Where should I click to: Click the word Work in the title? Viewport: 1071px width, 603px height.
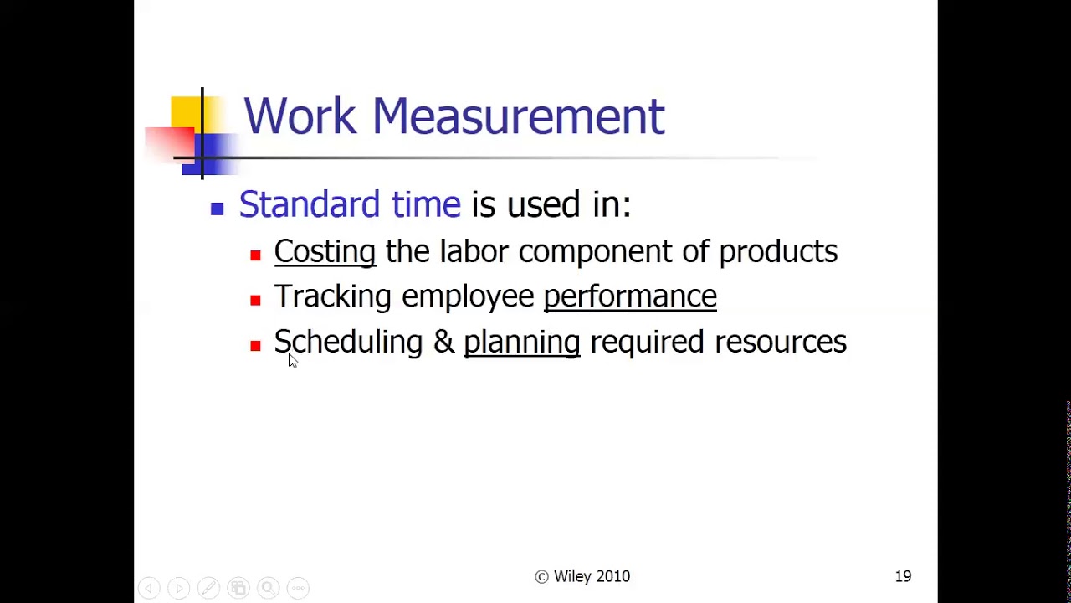pyautogui.click(x=300, y=116)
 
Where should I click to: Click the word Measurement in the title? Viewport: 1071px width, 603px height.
pyautogui.click(x=518, y=116)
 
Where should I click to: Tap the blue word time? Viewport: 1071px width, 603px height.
pyautogui.click(x=426, y=204)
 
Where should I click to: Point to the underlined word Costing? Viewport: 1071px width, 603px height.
pyautogui.click(x=325, y=252)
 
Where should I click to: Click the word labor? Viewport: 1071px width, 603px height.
pyautogui.click(x=474, y=251)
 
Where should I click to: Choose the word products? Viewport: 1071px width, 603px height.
pyautogui.click(x=778, y=252)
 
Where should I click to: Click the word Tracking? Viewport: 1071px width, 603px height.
pyautogui.click(x=332, y=296)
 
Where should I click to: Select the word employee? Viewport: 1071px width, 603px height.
pyautogui.click(x=468, y=297)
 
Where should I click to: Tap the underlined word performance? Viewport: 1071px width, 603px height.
pyautogui.click(x=630, y=297)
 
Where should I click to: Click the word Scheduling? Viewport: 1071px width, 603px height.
pyautogui.click(x=348, y=343)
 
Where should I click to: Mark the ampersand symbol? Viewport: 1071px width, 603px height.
pyautogui.click(x=443, y=342)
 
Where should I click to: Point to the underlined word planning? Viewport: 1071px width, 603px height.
pyautogui.click(x=521, y=343)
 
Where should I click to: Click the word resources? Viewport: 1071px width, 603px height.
pyautogui.click(x=781, y=342)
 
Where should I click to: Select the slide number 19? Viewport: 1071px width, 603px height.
pyautogui.click(x=903, y=576)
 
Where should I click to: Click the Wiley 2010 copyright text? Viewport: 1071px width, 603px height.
pyautogui.click(x=582, y=576)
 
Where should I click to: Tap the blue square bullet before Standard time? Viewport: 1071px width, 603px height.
pyautogui.click(x=218, y=209)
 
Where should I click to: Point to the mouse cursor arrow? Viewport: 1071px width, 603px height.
pyautogui.click(x=292, y=360)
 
